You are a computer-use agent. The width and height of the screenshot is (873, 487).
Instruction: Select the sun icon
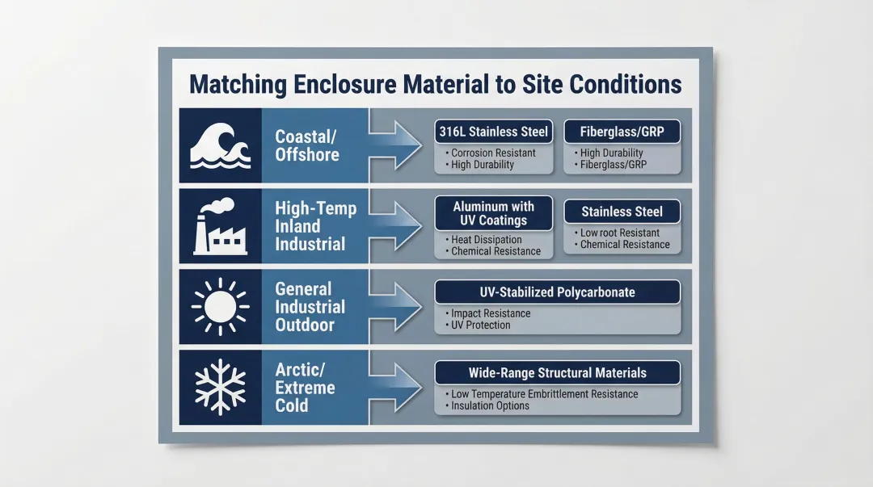click(x=219, y=308)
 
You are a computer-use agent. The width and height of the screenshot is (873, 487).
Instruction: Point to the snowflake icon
click(x=219, y=386)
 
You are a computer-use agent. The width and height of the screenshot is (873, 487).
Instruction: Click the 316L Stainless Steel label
click(x=493, y=132)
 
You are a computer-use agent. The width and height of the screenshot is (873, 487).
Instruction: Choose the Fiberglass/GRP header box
click(x=622, y=132)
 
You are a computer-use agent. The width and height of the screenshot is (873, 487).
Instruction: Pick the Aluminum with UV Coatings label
click(x=493, y=213)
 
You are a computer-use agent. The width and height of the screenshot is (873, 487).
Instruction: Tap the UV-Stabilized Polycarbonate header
click(x=557, y=292)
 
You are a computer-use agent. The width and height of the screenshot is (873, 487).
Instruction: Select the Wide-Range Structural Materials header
click(x=557, y=372)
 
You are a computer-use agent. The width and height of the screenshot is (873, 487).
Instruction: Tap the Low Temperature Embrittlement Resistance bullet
click(x=544, y=394)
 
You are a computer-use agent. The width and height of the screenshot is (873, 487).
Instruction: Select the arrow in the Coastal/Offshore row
click(x=396, y=145)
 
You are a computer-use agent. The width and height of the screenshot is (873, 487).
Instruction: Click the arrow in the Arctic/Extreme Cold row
click(x=396, y=387)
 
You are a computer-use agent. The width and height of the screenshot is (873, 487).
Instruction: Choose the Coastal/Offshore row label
click(x=307, y=145)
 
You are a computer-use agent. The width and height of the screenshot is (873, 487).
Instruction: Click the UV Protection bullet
click(x=480, y=325)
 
